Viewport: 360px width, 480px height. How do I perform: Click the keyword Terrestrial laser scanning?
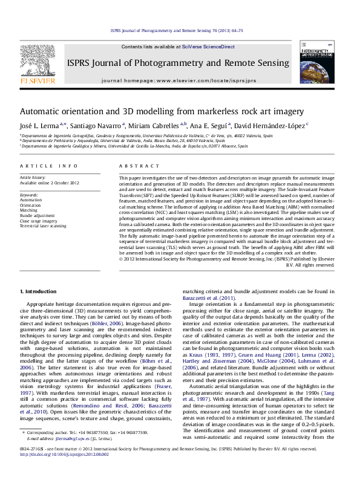pos(43,225)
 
